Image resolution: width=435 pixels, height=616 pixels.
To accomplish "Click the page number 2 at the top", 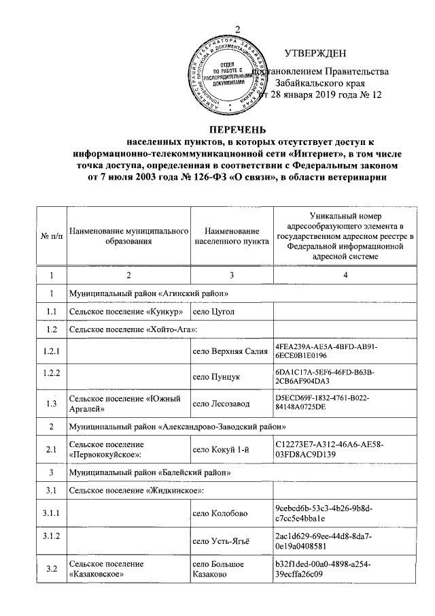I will pyautogui.click(x=238, y=29).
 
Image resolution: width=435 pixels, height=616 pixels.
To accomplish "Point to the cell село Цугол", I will pyautogui.click(x=214, y=312).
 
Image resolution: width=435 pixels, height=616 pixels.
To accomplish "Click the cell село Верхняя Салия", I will pyautogui.click(x=229, y=351).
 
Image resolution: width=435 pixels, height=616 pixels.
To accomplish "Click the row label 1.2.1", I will pyautogui.click(x=50, y=351).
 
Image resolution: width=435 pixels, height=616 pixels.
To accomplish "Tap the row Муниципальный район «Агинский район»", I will pyautogui.click(x=147, y=293).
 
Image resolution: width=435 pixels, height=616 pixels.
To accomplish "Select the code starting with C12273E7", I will pyautogui.click(x=330, y=449).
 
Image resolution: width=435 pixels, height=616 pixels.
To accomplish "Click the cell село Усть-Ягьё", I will pyautogui.click(x=222, y=541).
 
